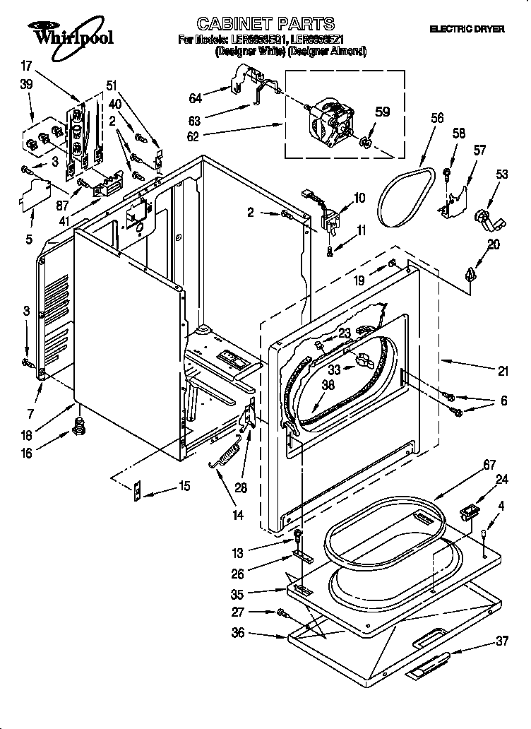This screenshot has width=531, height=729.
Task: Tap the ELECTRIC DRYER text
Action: click(x=467, y=29)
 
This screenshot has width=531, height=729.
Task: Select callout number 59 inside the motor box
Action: click(x=382, y=111)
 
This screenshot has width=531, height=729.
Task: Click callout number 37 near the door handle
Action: click(x=502, y=641)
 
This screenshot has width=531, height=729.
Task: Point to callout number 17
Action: click(x=27, y=66)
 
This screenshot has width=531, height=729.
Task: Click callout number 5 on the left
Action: click(x=28, y=240)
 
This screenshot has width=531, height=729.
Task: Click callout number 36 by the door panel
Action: click(x=238, y=633)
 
